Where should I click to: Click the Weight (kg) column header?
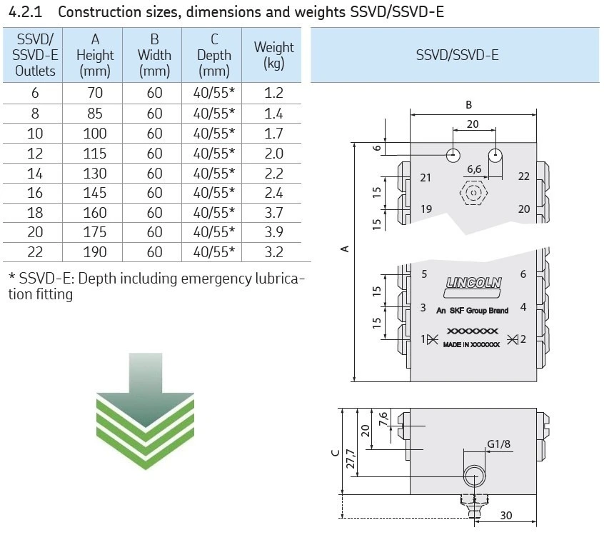[273, 55]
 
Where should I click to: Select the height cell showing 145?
[94, 193]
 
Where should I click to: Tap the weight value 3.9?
[273, 232]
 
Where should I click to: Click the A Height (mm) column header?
[94, 55]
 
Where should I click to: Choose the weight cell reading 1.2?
[273, 93]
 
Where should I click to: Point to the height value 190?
[94, 252]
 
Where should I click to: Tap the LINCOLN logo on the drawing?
[473, 283]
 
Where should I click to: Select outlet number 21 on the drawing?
[426, 177]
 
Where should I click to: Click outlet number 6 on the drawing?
[523, 274]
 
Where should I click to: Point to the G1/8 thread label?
[498, 444]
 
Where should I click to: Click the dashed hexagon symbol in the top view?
[471, 193]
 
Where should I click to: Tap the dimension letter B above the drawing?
[468, 104]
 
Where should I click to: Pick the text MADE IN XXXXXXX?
[471, 344]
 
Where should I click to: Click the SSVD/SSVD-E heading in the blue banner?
[457, 55]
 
